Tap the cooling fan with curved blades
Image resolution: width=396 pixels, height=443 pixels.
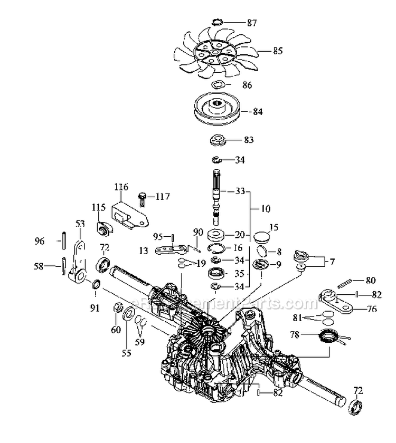point(217,53)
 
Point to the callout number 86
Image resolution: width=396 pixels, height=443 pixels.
point(247,85)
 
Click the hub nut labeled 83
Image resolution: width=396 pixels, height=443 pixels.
point(217,140)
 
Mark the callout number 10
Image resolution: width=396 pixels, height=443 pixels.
point(266,209)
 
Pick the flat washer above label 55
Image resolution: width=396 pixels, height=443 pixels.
point(128,317)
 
